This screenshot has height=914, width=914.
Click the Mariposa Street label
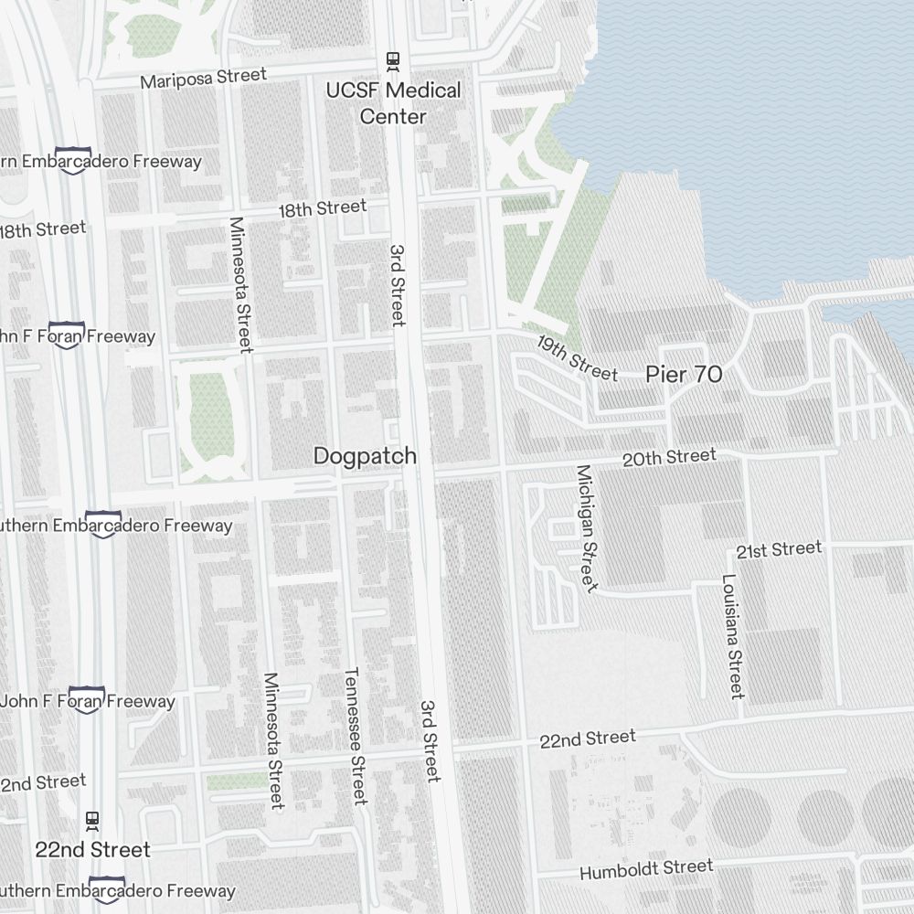[203, 79]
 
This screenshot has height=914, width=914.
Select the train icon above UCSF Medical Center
[393, 61]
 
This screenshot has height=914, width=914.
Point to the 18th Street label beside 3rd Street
[322, 208]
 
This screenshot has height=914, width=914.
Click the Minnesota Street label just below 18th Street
[240, 284]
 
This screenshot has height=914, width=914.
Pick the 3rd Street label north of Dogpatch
[397, 284]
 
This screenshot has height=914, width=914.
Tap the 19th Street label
[577, 358]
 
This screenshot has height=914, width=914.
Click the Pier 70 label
[684, 374]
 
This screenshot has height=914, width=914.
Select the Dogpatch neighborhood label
[365, 455]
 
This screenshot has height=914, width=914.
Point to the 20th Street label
[669, 457]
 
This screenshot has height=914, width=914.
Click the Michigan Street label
[586, 528]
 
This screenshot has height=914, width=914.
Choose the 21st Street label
[779, 549]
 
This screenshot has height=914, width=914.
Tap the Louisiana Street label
[733, 636]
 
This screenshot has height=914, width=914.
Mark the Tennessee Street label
[355, 736]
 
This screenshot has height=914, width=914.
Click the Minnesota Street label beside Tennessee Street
[273, 740]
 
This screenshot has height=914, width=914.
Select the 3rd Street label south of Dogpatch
[430, 741]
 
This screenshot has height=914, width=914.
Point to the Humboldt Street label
[646, 868]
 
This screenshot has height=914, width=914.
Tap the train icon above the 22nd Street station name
[92, 819]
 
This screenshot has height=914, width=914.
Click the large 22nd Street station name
[92, 849]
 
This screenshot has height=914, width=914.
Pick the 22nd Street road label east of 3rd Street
[587, 739]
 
